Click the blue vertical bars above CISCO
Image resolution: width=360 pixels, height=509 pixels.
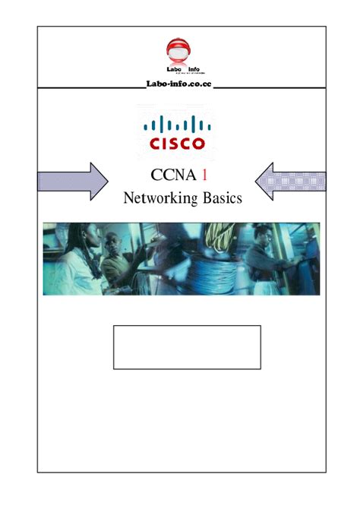coord(178,125)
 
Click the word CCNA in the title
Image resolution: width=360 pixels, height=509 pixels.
coord(169,176)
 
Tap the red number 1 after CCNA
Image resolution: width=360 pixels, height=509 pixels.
coord(204,176)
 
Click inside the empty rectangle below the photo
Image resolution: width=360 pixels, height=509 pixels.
coord(187,347)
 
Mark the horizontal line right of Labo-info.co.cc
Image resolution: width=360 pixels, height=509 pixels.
coord(269,87)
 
